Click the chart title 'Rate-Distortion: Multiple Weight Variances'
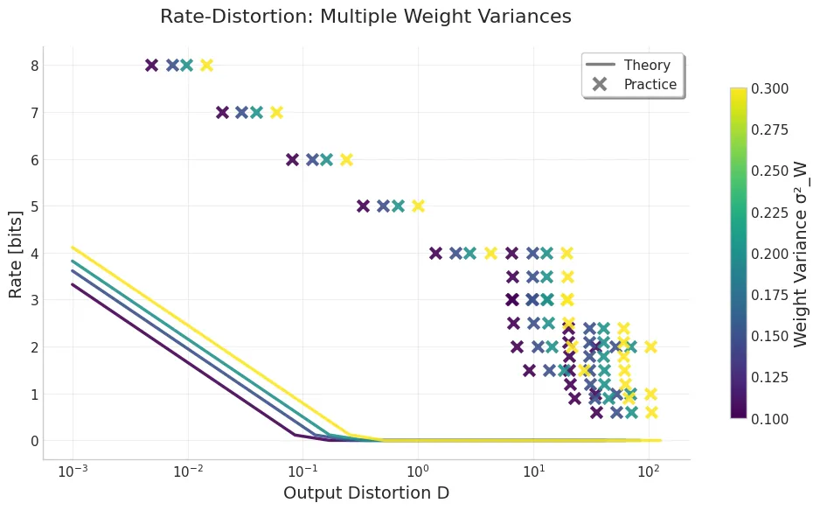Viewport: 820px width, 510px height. click(x=365, y=17)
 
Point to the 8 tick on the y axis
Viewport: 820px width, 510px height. click(x=34, y=66)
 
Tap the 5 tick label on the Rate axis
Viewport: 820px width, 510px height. click(x=34, y=206)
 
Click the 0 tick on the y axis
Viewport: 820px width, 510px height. click(x=34, y=441)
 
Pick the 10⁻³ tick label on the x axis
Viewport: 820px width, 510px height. click(x=72, y=472)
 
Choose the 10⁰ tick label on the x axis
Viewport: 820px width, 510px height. click(x=417, y=472)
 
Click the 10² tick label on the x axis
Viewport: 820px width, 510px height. click(x=648, y=472)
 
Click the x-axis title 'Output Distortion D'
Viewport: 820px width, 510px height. click(x=365, y=493)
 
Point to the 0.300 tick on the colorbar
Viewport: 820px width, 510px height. click(x=770, y=88)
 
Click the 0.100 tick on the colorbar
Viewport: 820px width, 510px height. click(x=770, y=418)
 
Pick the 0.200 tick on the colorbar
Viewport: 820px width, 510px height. click(x=770, y=254)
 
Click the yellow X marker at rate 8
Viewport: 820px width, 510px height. click(x=206, y=66)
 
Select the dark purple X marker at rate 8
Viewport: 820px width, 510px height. click(x=151, y=66)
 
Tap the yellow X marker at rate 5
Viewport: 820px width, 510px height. click(x=418, y=206)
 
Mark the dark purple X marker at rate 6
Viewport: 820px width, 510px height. click(x=292, y=160)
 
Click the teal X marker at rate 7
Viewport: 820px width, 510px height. click(x=256, y=113)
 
